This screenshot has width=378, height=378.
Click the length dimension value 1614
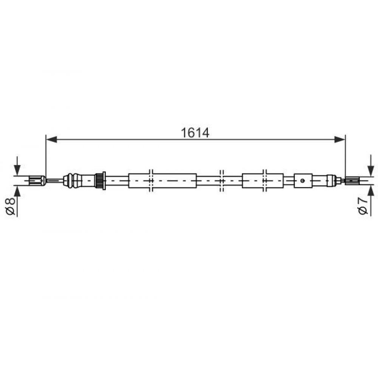[195, 133]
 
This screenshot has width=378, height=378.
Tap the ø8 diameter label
[10, 206]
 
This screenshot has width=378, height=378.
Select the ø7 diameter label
[363, 206]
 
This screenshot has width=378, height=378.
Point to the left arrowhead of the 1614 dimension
[51, 139]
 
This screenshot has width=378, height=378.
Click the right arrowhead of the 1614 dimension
[340, 139]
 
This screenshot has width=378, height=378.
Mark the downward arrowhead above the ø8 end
[17, 170]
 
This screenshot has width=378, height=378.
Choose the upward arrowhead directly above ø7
[370, 191]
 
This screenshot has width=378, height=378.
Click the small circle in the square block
[302, 181]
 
